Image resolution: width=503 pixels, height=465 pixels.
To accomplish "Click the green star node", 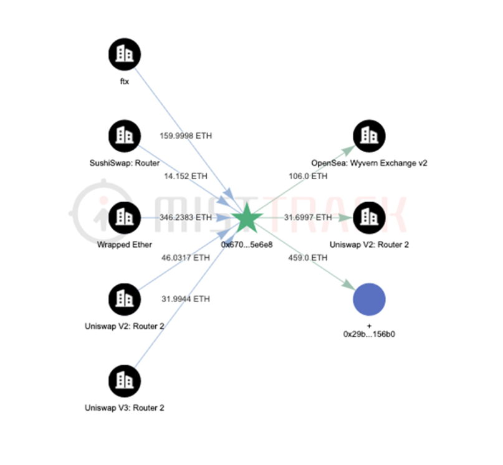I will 247,218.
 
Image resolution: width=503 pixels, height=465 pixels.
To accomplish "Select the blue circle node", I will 370,300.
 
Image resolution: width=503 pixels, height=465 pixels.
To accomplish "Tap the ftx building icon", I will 125,54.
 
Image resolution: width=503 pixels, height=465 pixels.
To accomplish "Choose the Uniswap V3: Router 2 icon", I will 125,381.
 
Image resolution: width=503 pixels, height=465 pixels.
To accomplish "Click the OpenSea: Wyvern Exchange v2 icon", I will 370,136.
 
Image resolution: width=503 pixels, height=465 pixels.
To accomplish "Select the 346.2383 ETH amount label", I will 185,217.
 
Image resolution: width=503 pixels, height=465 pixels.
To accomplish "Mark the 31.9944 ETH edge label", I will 185,299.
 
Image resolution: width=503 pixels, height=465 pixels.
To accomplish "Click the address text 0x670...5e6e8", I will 247,245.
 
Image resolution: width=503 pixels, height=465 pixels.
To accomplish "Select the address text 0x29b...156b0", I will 370,334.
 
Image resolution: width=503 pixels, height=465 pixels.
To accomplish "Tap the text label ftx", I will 125,82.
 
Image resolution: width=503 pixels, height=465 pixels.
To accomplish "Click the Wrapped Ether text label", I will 125,245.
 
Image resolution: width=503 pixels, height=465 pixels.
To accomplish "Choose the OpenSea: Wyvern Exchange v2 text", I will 370,163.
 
